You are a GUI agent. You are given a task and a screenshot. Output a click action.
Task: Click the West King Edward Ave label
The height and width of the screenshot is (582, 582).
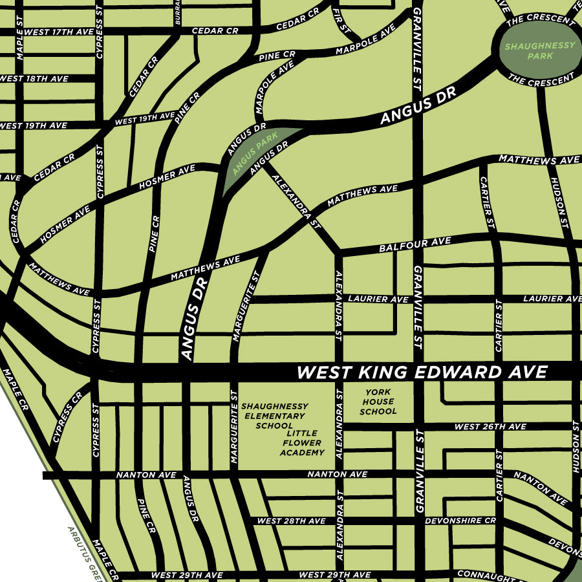(x=422, y=372)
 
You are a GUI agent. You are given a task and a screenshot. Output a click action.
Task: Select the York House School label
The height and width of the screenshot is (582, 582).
(x=378, y=402)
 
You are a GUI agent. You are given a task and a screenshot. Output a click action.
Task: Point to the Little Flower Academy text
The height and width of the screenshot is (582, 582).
(x=302, y=443)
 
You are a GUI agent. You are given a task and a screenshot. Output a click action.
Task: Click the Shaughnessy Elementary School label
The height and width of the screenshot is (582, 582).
(x=275, y=416)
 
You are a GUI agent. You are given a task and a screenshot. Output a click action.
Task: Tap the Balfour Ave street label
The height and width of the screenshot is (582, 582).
(x=415, y=244)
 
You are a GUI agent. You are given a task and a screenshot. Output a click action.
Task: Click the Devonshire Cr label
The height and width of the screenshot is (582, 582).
(x=460, y=521)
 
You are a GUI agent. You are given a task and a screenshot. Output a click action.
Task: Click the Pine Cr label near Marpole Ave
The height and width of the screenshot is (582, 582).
(x=277, y=57)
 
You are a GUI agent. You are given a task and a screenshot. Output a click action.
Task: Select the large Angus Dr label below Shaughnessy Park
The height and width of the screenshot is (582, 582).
(x=418, y=107)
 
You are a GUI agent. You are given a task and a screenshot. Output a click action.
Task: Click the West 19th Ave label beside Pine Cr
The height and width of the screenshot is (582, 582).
(x=144, y=118)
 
